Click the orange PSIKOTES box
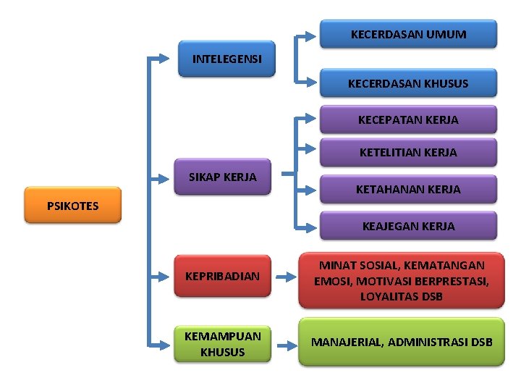[x=72, y=206]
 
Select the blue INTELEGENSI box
[x=227, y=59]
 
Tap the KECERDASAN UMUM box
[x=408, y=34]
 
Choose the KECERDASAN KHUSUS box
[x=408, y=83]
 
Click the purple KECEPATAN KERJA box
[x=408, y=119]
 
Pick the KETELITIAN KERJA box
[x=408, y=153]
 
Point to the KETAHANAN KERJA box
[x=408, y=190]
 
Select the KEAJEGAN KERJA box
[x=408, y=226]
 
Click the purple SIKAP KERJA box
[x=223, y=177]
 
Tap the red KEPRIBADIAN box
[x=223, y=276]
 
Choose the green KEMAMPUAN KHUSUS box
[x=223, y=344]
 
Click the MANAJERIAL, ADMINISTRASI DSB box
[x=402, y=341]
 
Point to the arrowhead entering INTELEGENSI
[x=171, y=56]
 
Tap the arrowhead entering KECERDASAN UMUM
[x=313, y=34]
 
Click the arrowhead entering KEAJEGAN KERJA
[x=313, y=227]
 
